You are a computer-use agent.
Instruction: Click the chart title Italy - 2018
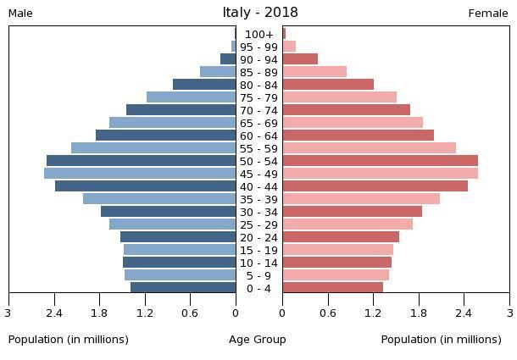pyautogui.click(x=259, y=13)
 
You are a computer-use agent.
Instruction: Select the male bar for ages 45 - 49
pyautogui.click(x=140, y=174)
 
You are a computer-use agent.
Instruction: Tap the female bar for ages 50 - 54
pyautogui.click(x=380, y=161)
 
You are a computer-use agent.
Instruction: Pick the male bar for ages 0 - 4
pyautogui.click(x=183, y=288)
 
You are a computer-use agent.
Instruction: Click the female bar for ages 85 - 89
pyautogui.click(x=314, y=72)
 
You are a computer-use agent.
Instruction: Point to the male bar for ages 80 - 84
pyautogui.click(x=204, y=85)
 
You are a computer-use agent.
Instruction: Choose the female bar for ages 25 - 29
pyautogui.click(x=347, y=224)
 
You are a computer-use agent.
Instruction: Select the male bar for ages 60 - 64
pyautogui.click(x=165, y=136)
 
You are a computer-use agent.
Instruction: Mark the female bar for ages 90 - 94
pyautogui.click(x=300, y=59)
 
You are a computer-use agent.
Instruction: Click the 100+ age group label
pyautogui.click(x=259, y=35)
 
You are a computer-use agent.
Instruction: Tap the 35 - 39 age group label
pyautogui.click(x=259, y=200)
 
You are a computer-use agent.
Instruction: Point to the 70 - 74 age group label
pyautogui.click(x=259, y=111)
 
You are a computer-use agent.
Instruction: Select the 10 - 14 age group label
pyautogui.click(x=259, y=263)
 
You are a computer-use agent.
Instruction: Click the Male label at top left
pyautogui.click(x=20, y=14)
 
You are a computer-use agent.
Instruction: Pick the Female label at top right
pyautogui.click(x=488, y=14)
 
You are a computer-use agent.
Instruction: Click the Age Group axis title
pyautogui.click(x=258, y=340)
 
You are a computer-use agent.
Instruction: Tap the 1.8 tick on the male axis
pyautogui.click(x=100, y=313)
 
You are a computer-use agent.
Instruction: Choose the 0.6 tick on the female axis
pyautogui.click(x=328, y=313)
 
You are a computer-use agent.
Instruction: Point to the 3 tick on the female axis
pyautogui.click(x=509, y=313)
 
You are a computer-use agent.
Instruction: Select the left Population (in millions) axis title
pyautogui.click(x=69, y=340)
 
